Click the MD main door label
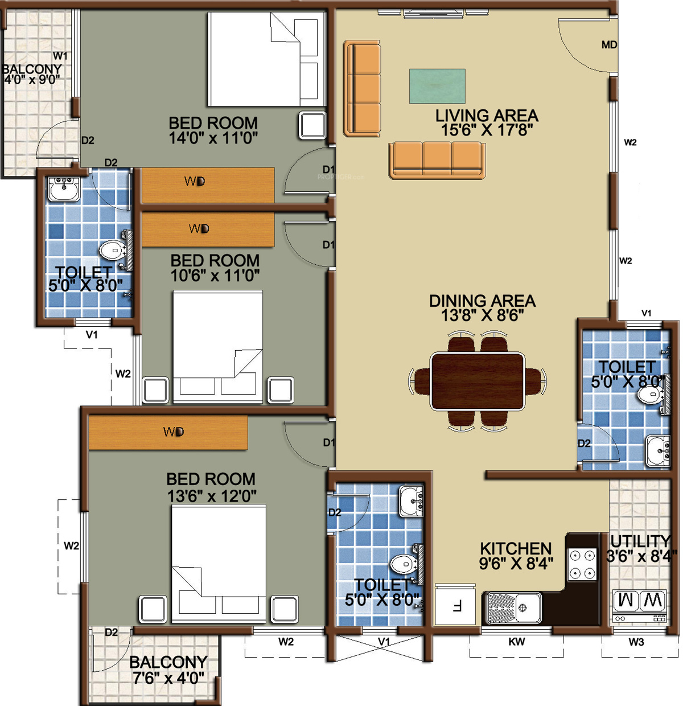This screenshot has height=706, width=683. click(609, 45)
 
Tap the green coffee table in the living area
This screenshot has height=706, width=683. click(437, 86)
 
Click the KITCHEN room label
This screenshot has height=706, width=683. click(516, 548)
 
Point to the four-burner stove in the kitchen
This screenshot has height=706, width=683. click(582, 564)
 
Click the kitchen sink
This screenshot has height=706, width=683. click(513, 608)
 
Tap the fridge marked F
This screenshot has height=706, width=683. click(455, 605)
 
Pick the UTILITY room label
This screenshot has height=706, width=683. click(640, 541)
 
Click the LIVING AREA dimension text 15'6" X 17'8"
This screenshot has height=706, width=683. click(487, 130)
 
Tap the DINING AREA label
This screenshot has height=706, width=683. click(483, 301)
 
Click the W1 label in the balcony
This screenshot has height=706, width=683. click(60, 56)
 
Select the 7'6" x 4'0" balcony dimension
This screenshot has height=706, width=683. click(168, 678)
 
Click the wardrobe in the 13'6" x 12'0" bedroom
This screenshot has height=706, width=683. click(168, 432)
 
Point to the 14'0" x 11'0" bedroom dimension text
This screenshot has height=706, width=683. click(213, 138)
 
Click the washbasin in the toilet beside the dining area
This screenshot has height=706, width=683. click(657, 451)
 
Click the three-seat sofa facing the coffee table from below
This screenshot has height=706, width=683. click(437, 160)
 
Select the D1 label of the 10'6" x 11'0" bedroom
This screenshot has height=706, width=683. click(328, 245)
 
